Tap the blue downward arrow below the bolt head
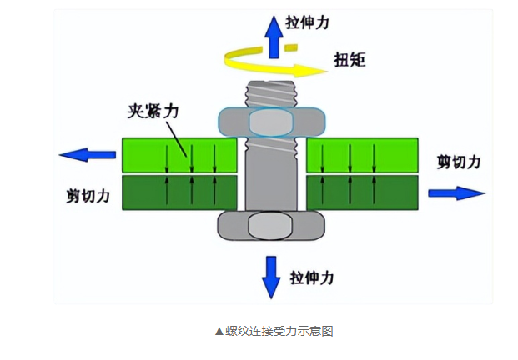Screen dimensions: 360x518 271,274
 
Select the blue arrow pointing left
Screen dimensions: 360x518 87,155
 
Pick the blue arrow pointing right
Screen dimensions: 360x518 455,193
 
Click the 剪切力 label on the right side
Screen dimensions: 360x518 458,162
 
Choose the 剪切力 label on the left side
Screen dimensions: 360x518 88,196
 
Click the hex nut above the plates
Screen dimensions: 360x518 270,122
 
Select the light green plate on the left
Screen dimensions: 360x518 180,155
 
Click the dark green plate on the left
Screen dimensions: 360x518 180,192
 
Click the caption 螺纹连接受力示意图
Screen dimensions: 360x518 274,331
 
